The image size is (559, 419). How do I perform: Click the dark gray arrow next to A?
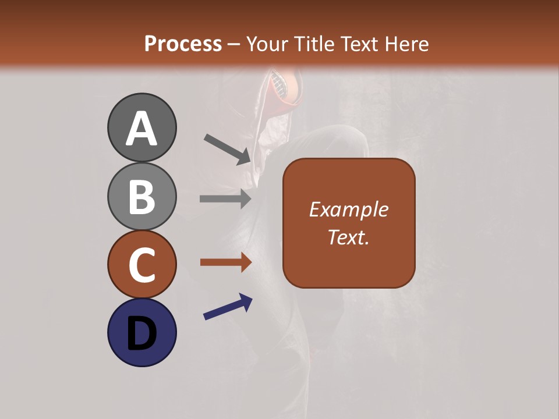[x=228, y=149]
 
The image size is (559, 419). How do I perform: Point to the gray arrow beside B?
[x=225, y=199]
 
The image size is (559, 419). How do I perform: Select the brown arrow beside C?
[x=225, y=262]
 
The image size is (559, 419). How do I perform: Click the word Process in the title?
[x=183, y=44]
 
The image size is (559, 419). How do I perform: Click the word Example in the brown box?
[x=349, y=210]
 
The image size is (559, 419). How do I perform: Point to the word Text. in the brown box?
[x=349, y=237]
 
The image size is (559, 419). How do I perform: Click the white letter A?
[x=142, y=129]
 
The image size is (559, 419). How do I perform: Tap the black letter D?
[x=142, y=333]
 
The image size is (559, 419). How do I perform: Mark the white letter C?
[x=142, y=265]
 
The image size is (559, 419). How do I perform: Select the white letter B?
[x=142, y=197]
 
